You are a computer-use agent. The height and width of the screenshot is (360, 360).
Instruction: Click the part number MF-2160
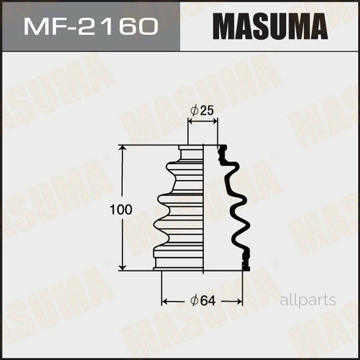tap(90, 27)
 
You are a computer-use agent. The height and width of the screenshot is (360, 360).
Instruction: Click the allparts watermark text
tap(308, 300)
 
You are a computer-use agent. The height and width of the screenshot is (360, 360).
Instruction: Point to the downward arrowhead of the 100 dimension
tap(124, 267)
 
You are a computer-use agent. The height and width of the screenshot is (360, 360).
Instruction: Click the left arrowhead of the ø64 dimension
tap(164, 300)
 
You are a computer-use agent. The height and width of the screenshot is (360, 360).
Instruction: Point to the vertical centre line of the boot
tap(204, 208)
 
